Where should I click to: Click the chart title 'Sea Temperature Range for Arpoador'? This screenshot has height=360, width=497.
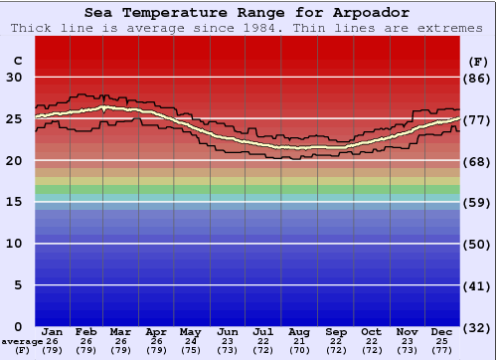point(247,13)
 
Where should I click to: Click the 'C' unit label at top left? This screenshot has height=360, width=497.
point(17,61)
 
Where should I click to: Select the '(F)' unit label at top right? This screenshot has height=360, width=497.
point(478,61)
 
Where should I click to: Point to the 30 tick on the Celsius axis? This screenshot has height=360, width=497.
point(17,78)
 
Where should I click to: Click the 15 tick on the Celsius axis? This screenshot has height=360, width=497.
point(17,202)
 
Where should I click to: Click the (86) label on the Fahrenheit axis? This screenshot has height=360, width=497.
point(478,78)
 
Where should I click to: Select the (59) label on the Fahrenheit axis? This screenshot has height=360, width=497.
point(478,202)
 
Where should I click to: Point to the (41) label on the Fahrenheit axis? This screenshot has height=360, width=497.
point(478,285)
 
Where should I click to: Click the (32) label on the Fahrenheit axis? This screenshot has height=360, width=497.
point(478,327)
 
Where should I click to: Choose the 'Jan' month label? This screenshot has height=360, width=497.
point(53,331)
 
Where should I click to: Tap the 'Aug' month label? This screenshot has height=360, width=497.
point(299,331)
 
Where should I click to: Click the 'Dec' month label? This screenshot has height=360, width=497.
point(441,331)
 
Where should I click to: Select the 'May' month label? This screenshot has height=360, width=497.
point(190,331)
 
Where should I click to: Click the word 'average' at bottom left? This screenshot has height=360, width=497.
point(22,341)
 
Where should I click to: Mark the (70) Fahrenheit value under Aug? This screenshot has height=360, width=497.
point(299,350)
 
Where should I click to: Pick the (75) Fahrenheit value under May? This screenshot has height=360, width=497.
point(190,350)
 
